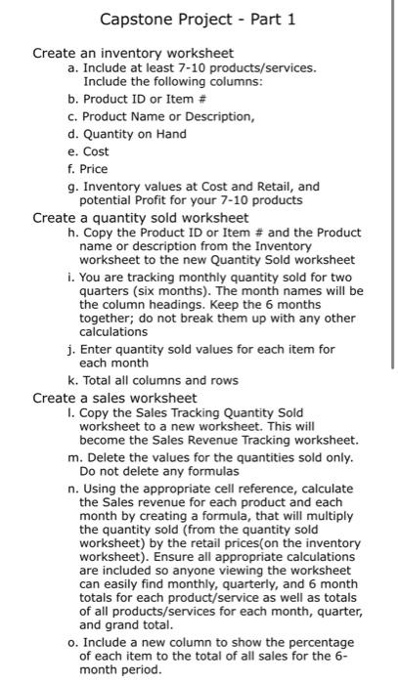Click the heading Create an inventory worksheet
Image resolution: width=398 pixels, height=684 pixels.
pyautogui.click(x=133, y=52)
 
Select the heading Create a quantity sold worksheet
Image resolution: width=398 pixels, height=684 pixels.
pyautogui.click(x=141, y=217)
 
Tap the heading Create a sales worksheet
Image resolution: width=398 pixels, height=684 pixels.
pyautogui.click(x=115, y=398)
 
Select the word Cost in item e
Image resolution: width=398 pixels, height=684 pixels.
pyautogui.click(x=96, y=151)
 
